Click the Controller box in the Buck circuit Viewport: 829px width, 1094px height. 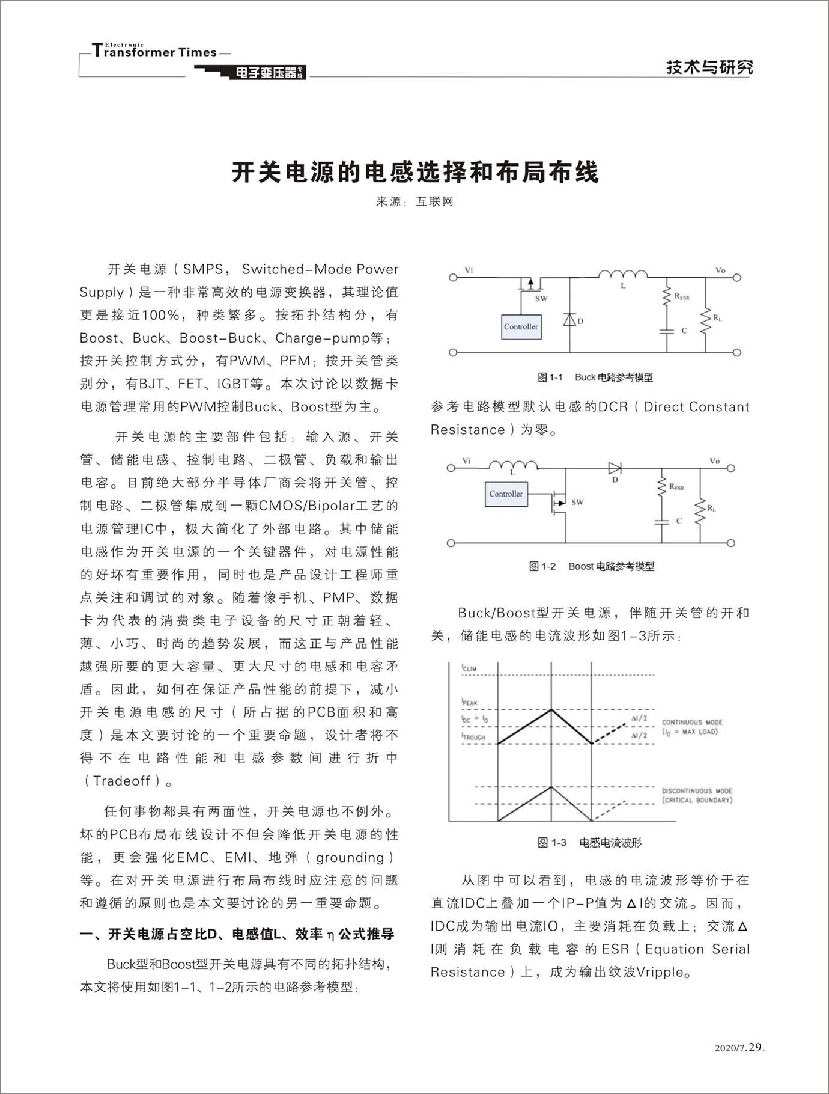[x=521, y=327]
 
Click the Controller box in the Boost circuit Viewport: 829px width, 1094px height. [x=506, y=494]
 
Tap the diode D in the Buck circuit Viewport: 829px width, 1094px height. [x=569, y=320]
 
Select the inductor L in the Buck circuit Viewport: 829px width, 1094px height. [x=623, y=276]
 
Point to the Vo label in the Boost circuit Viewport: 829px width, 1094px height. [x=714, y=461]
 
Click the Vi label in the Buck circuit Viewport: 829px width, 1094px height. [x=469, y=270]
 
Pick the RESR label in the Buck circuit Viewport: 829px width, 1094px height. [x=682, y=296]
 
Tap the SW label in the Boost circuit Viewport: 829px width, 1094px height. [x=577, y=502]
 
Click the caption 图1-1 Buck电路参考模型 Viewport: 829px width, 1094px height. [x=595, y=377]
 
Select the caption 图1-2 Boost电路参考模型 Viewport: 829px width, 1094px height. [x=591, y=566]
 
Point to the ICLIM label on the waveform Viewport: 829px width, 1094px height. [x=469, y=668]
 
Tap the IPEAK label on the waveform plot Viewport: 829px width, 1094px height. [x=470, y=703]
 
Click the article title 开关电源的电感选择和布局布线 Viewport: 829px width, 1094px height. [x=415, y=173]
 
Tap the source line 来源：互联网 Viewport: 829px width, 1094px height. [x=415, y=202]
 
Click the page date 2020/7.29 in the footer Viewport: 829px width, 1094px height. [x=739, y=1048]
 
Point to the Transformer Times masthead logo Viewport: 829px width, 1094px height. [x=155, y=52]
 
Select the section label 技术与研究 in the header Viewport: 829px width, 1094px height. [x=709, y=67]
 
